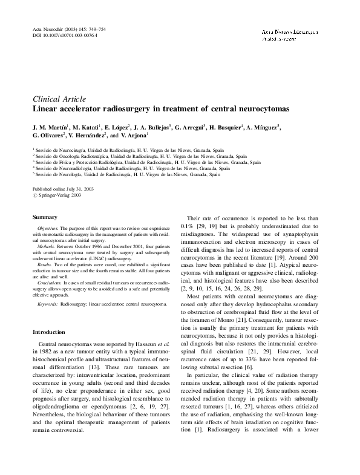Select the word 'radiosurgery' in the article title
[126, 109]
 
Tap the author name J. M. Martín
[50, 128]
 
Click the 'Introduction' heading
[49, 332]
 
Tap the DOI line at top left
[64, 36]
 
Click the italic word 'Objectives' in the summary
[51, 228]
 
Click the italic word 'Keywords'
[48, 303]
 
